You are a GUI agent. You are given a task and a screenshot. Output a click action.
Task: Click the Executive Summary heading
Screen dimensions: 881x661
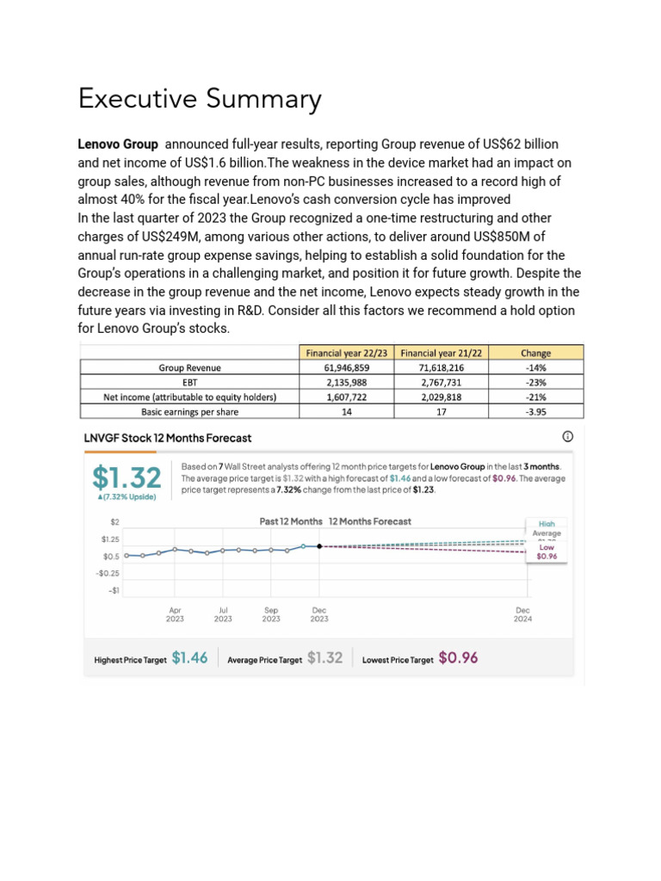pyautogui.click(x=200, y=99)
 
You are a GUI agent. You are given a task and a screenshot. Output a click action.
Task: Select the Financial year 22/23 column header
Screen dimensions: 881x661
pyautogui.click(x=344, y=353)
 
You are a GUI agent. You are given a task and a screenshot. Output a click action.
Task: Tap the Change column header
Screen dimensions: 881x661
pyautogui.click(x=536, y=353)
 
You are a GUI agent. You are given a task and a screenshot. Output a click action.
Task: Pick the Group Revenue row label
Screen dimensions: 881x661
pyautogui.click(x=189, y=367)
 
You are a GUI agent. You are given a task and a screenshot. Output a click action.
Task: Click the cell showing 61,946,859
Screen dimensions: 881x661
pyautogui.click(x=344, y=367)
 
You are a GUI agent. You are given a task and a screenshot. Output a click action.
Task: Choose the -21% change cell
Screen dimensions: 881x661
pyautogui.click(x=536, y=397)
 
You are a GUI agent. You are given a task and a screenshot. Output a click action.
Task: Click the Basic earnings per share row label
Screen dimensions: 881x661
pyautogui.click(x=189, y=411)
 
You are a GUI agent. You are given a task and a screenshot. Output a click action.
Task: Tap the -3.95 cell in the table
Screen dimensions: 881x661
pyautogui.click(x=536, y=411)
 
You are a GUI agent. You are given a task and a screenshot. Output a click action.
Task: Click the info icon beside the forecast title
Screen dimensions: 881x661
pyautogui.click(x=567, y=436)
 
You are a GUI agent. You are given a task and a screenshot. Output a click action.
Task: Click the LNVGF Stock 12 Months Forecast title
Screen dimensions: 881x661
pyautogui.click(x=168, y=438)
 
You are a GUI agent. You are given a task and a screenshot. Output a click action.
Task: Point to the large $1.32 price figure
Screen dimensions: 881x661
pyautogui.click(x=126, y=478)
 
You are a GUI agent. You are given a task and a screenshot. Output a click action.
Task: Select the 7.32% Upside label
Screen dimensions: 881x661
pyautogui.click(x=127, y=498)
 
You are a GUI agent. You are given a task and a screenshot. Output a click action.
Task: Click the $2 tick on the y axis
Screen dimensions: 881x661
pyautogui.click(x=114, y=521)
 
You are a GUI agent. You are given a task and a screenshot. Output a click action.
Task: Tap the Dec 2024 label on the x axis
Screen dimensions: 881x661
pyautogui.click(x=522, y=614)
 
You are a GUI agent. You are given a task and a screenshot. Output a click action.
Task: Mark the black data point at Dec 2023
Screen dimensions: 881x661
pyautogui.click(x=319, y=546)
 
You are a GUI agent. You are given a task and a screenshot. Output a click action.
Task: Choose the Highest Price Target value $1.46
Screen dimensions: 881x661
pyautogui.click(x=189, y=658)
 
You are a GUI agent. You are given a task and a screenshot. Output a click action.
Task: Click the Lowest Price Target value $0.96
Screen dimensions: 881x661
pyautogui.click(x=458, y=658)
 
